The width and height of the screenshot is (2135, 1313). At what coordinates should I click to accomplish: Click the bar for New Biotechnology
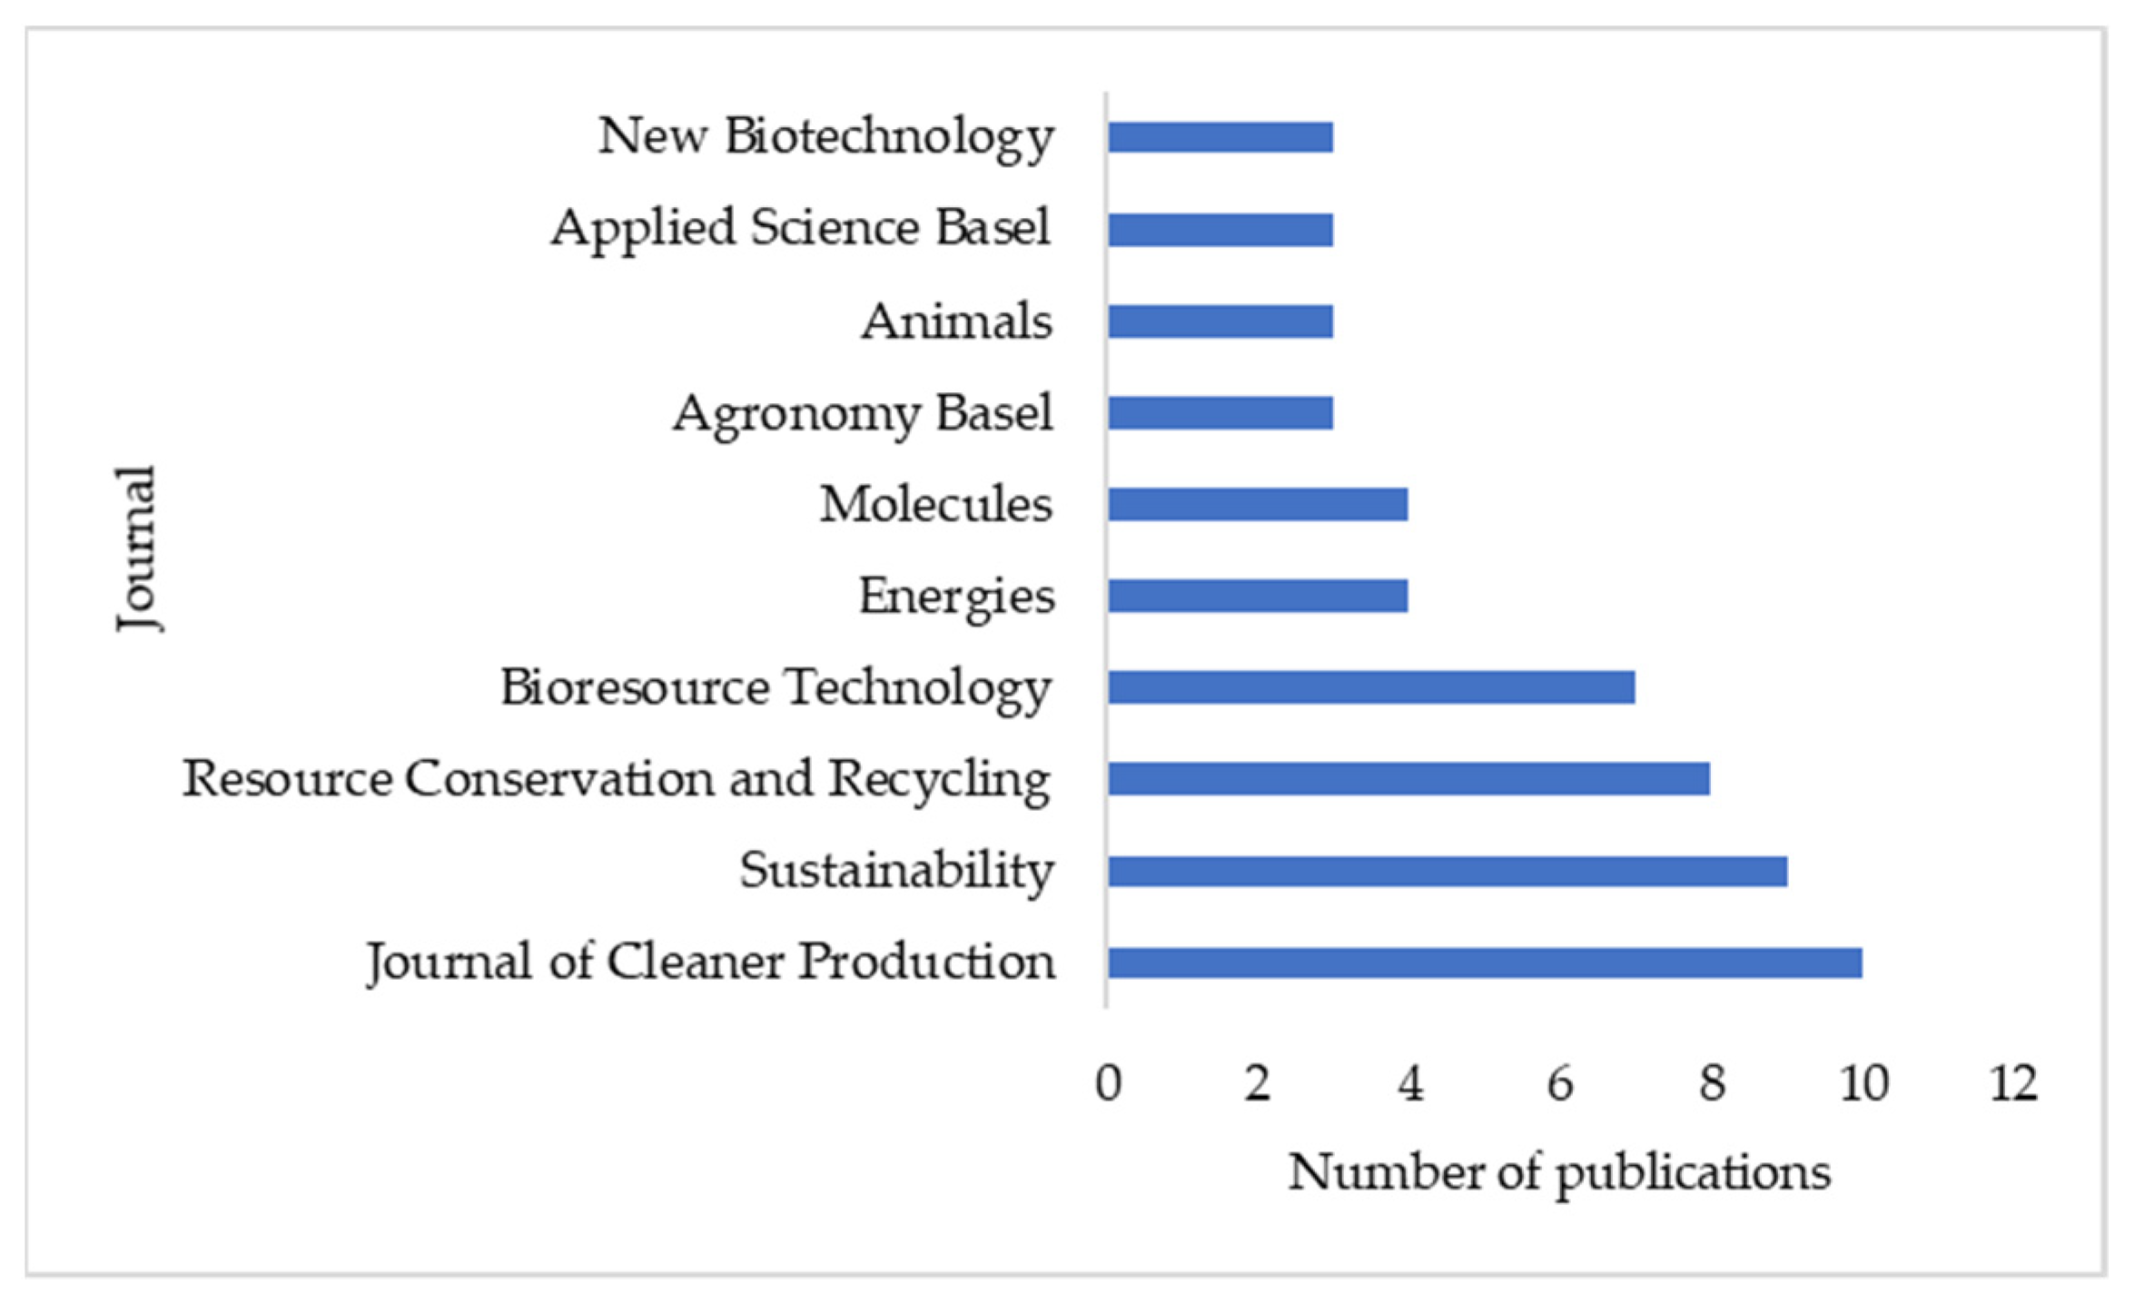click(1220, 137)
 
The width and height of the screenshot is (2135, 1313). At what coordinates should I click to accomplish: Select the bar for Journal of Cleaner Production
click(1484, 963)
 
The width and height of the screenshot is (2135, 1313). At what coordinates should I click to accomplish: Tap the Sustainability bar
click(1447, 872)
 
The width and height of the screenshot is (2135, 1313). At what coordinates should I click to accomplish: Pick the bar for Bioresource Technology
click(1370, 687)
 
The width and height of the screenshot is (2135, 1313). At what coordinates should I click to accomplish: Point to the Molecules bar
click(1257, 504)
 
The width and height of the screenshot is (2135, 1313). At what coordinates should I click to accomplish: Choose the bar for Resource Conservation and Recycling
click(1408, 779)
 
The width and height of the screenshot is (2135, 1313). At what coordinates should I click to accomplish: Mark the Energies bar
click(1257, 596)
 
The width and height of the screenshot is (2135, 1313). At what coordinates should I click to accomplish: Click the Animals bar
click(1220, 321)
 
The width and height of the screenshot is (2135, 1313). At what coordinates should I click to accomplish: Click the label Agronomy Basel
click(863, 414)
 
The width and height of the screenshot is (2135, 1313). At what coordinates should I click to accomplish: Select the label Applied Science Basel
click(801, 227)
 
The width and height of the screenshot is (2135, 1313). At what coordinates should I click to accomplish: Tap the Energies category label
click(956, 597)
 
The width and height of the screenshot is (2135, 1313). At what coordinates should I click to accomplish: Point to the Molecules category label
click(935, 504)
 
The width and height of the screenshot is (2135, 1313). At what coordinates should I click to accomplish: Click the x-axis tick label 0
click(1108, 1082)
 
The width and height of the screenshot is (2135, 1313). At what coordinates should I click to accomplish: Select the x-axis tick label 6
click(1559, 1082)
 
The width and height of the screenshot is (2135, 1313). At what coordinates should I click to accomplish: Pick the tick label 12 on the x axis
click(2012, 1082)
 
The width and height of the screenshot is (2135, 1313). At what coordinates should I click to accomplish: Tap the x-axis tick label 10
click(1863, 1082)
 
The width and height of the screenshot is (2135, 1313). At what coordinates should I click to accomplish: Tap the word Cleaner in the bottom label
click(695, 963)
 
